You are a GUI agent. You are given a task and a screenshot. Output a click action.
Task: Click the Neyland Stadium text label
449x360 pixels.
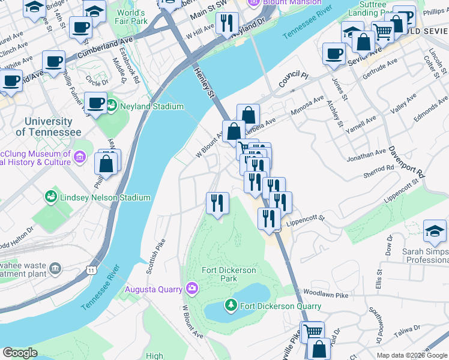coord(152,107)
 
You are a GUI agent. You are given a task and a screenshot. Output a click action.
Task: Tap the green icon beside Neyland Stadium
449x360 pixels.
coord(112,106)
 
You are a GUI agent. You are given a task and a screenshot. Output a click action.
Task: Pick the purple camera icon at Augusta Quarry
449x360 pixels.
coord(191,289)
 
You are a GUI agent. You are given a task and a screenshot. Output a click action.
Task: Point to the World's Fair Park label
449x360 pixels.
coord(132,17)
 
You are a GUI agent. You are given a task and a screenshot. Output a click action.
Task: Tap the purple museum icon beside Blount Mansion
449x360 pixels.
coord(254,2)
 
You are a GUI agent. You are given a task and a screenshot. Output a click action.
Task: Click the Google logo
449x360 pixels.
coord(20,353)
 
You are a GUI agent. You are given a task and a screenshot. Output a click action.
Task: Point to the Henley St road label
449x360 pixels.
coord(204,82)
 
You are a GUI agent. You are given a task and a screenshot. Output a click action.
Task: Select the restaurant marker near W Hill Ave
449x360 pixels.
coord(226,25)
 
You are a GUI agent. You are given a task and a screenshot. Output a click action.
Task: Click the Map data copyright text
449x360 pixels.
coord(412,355)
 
